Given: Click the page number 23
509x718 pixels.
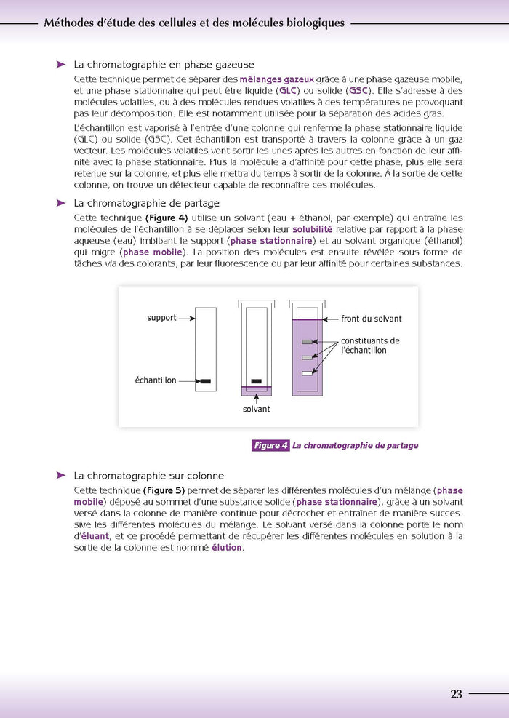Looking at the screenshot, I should [456, 694].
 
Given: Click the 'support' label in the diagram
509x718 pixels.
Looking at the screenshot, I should [161, 318].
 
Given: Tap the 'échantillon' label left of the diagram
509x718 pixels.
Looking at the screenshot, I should [155, 380].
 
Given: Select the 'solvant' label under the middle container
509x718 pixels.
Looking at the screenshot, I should [256, 409].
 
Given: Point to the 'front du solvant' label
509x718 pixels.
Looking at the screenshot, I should [371, 319].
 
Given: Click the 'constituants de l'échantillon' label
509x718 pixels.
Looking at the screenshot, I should [370, 346].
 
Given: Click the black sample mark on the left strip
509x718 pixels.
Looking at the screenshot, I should [205, 381].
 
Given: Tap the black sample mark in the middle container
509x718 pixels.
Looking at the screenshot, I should [256, 381].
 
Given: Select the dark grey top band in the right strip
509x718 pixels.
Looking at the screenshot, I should [307, 341].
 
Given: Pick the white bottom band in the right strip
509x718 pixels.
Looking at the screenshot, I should [307, 373].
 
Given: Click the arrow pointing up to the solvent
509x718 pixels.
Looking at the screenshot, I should [256, 398].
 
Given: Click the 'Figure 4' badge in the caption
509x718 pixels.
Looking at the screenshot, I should [270, 446].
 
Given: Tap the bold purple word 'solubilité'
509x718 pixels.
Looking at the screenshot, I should [313, 229].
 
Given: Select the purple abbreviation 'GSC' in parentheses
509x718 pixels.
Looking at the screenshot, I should [358, 91].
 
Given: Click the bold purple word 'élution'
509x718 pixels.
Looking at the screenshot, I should [226, 547].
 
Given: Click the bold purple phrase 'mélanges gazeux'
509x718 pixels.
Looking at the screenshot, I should [277, 79].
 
